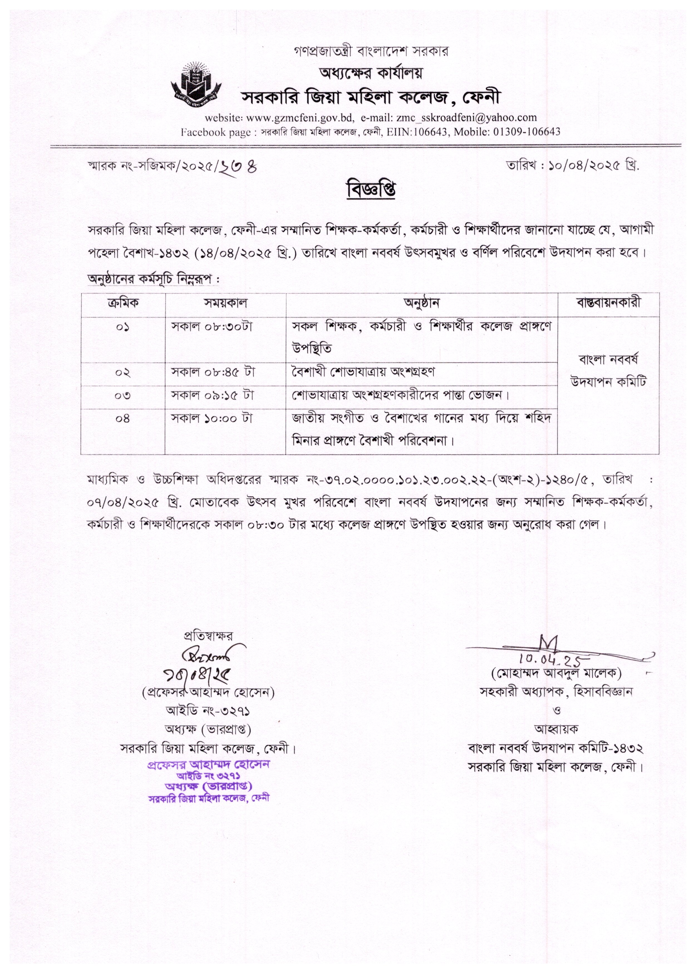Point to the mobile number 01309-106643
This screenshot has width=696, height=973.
[527, 132]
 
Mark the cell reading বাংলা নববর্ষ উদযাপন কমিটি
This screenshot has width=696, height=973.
[608, 370]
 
